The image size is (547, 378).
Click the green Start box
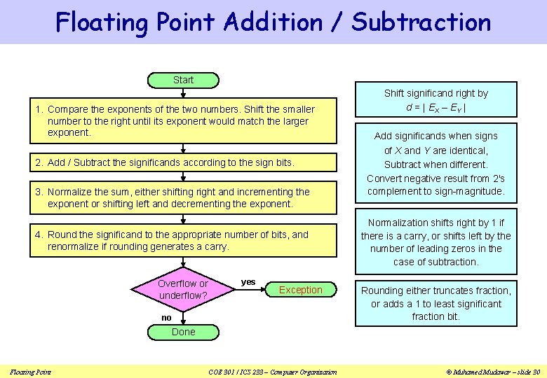pos(183,80)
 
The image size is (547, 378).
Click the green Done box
pos(183,332)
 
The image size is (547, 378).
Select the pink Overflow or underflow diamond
pos(183,290)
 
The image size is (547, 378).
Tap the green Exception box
pos(301,290)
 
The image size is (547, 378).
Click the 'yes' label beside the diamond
pos(248,282)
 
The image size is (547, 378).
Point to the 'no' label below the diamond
pos(166,318)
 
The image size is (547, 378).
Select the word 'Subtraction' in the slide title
pos(421,22)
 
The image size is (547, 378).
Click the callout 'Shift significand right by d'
pos(435,100)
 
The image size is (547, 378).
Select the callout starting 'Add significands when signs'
pos(435,164)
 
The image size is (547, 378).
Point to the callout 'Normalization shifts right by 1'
pos(435,242)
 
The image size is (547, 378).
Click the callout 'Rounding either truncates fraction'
pos(435,304)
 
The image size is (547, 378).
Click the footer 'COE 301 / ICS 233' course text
pos(273,372)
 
